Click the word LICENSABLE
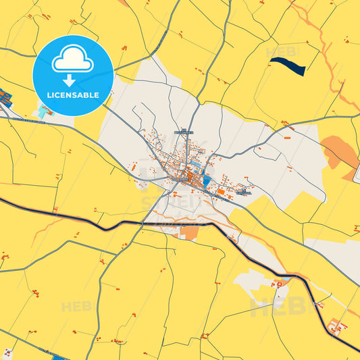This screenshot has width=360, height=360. (x=72, y=95)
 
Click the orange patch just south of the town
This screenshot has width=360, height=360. (x=190, y=232)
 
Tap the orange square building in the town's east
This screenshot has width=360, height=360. (x=220, y=192)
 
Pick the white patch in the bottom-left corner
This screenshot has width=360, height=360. (x=6, y=354)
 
